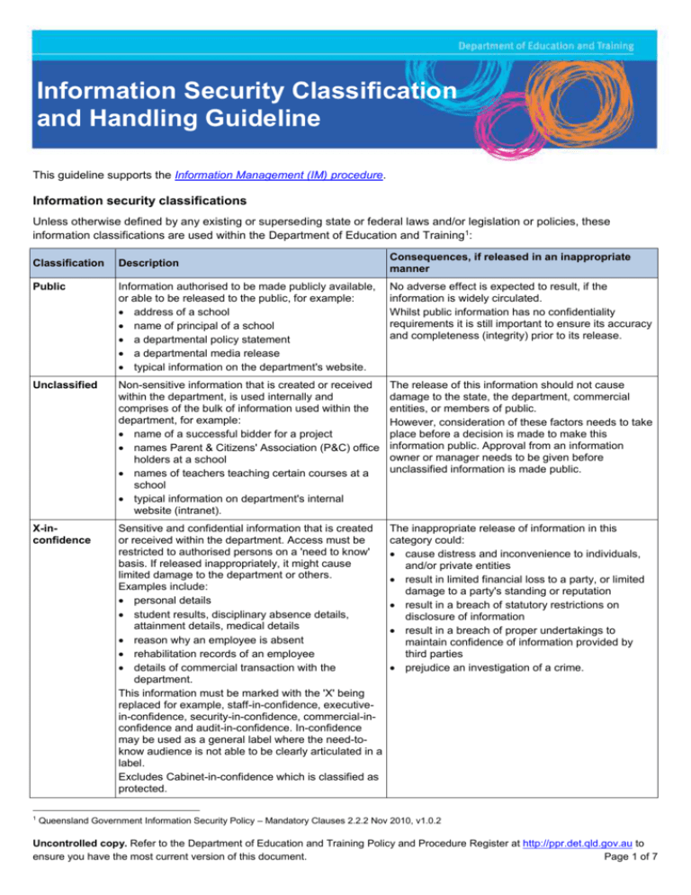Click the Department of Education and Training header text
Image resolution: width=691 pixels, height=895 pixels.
pyautogui.click(x=559, y=45)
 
